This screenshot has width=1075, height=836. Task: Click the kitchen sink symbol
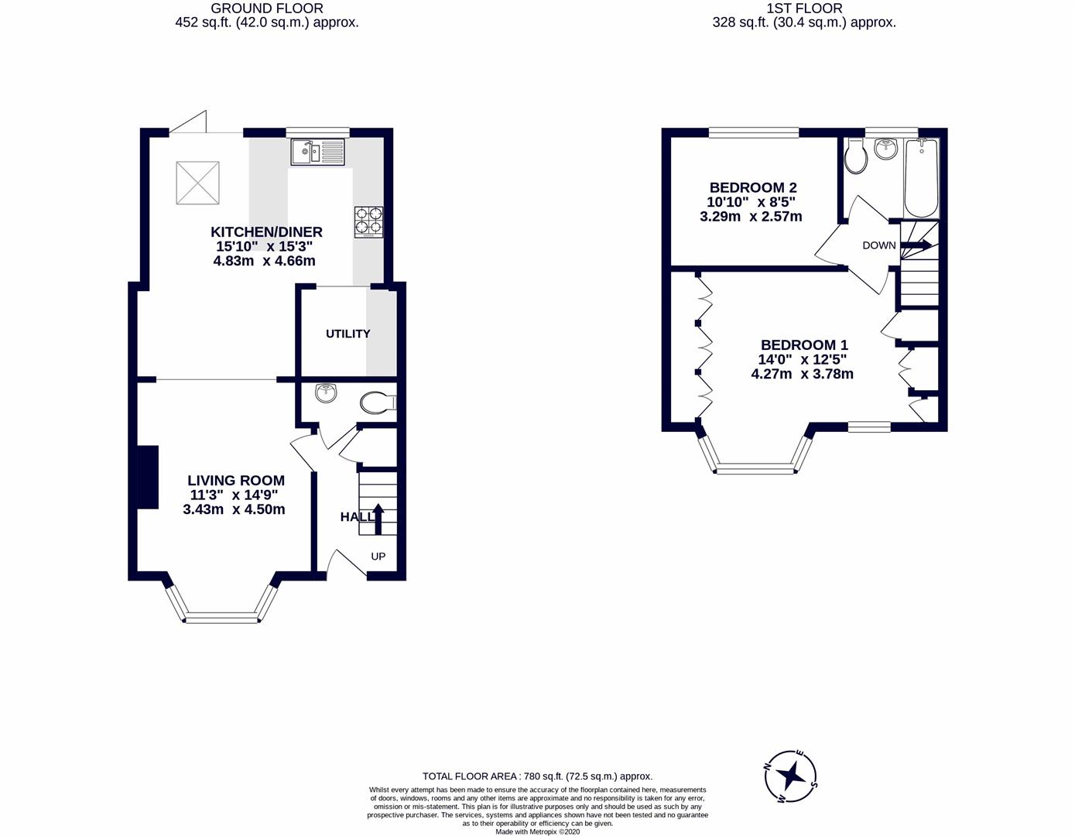318,152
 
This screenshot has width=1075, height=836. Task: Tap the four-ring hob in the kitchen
368,221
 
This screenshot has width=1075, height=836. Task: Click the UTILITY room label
347,334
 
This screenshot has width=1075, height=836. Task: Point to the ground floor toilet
378,403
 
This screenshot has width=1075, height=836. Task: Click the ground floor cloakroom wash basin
327,392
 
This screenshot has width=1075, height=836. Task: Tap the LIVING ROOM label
237,481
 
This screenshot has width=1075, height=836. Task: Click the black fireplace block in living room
148,477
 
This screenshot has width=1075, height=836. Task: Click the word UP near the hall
378,557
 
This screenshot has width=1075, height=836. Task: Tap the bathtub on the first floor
921,178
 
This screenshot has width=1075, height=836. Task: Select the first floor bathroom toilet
856,157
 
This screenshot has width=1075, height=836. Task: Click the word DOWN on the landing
879,245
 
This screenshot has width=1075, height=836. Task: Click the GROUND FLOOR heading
267,9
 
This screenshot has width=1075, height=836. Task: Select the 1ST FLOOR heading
804,9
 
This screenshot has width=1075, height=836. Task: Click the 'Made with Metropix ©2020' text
537,832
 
